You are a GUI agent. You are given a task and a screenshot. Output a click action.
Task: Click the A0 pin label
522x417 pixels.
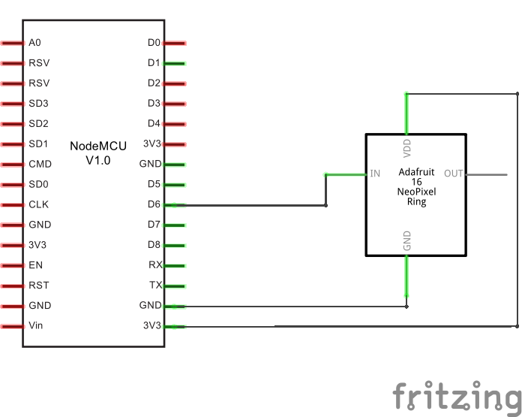(x=34, y=43)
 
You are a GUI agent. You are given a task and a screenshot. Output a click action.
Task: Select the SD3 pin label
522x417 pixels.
(x=38, y=104)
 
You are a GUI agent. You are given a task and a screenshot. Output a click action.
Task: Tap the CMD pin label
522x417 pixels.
(x=40, y=164)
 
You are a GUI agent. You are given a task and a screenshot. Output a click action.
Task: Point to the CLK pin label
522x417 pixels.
(x=38, y=204)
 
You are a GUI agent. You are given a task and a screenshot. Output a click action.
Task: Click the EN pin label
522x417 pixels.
(x=35, y=265)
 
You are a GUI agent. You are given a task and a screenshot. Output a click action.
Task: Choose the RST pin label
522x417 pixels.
(x=38, y=286)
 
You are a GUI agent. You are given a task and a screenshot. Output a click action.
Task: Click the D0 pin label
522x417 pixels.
(x=154, y=43)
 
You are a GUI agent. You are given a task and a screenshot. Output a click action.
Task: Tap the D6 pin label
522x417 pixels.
(x=154, y=204)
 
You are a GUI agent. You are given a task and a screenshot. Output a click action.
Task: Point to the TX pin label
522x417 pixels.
(x=154, y=286)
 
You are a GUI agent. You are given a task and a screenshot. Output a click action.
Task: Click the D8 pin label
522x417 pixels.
(x=154, y=245)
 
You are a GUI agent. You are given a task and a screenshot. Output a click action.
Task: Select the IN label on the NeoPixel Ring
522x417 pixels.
(x=375, y=174)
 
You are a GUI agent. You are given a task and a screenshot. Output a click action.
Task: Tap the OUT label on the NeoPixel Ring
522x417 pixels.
(x=453, y=174)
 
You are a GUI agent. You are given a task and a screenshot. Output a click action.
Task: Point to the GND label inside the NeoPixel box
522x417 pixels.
(x=407, y=241)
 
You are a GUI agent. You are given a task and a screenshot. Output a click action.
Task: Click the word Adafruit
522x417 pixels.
(x=416, y=172)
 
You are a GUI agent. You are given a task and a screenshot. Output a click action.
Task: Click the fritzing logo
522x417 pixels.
(x=457, y=395)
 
